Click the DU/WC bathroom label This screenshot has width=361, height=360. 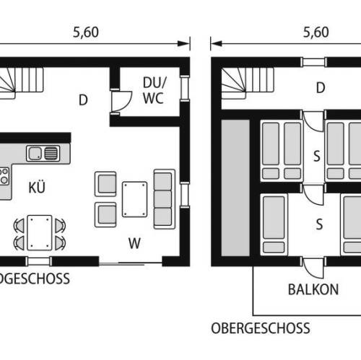point(155,90)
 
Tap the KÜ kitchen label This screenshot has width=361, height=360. point(37,188)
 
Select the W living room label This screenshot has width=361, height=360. point(134,243)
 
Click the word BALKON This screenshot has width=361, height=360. point(313,289)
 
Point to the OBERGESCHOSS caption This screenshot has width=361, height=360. point(261,328)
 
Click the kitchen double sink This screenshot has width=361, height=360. point(43,153)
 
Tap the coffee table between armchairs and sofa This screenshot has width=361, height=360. point(134,199)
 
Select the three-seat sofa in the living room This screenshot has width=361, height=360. point(165,199)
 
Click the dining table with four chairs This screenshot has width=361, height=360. point(40,233)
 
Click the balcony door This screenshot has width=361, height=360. point(313,268)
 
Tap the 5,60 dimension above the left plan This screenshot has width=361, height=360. point(86,32)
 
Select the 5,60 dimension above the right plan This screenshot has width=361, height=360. point(316,32)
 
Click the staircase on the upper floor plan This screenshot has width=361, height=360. point(248,83)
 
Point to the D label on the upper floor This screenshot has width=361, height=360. point(321,88)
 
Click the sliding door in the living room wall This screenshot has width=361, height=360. point(130,263)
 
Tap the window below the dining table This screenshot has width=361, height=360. point(39,261)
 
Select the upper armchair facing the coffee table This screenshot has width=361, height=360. point(105,184)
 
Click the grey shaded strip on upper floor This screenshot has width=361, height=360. point(235,188)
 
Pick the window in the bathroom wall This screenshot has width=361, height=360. point(185,88)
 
